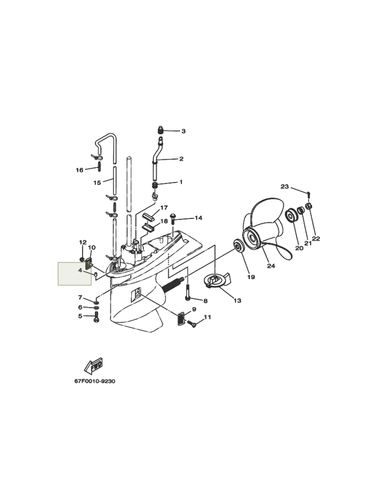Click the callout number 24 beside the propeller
(271, 266)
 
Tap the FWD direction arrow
(93, 366)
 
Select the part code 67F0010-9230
(94, 381)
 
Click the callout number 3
(183, 131)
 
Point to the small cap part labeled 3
(160, 129)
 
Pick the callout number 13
(237, 300)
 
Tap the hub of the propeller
(252, 239)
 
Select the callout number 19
(251, 277)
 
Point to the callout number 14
(198, 218)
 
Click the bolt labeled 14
(173, 220)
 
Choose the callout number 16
(80, 170)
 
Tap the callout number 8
(206, 301)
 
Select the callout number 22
(316, 239)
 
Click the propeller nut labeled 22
(309, 206)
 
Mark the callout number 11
(207, 317)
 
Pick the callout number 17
(164, 208)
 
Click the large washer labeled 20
(292, 216)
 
